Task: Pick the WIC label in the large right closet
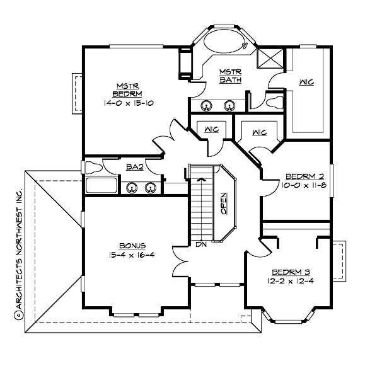(x=307, y=82)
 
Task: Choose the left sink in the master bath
(x=206, y=105)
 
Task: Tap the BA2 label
(x=133, y=167)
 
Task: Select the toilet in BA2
(x=92, y=168)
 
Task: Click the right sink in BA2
(x=151, y=187)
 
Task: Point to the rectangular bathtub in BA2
(x=101, y=186)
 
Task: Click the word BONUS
(x=132, y=245)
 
